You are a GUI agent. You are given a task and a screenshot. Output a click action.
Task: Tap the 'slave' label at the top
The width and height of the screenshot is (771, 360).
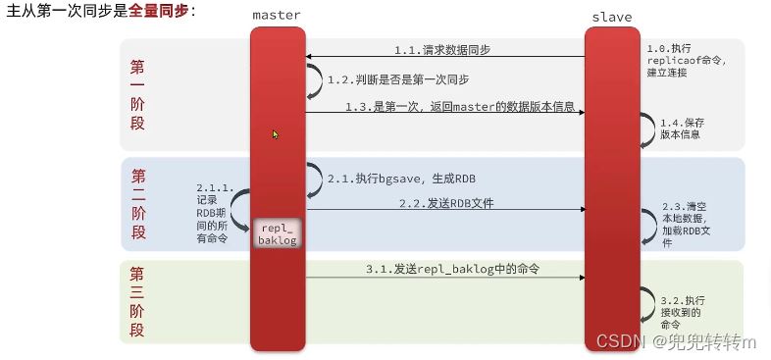(612, 17)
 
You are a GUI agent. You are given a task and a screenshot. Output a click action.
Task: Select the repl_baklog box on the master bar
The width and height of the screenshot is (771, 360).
(278, 233)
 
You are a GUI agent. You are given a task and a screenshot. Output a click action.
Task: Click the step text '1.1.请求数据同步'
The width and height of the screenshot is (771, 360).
(443, 48)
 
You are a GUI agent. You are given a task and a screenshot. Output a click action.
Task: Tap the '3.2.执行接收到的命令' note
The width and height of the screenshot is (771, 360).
(684, 309)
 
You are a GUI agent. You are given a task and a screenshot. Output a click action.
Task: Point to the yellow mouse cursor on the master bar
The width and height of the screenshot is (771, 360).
(276, 133)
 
